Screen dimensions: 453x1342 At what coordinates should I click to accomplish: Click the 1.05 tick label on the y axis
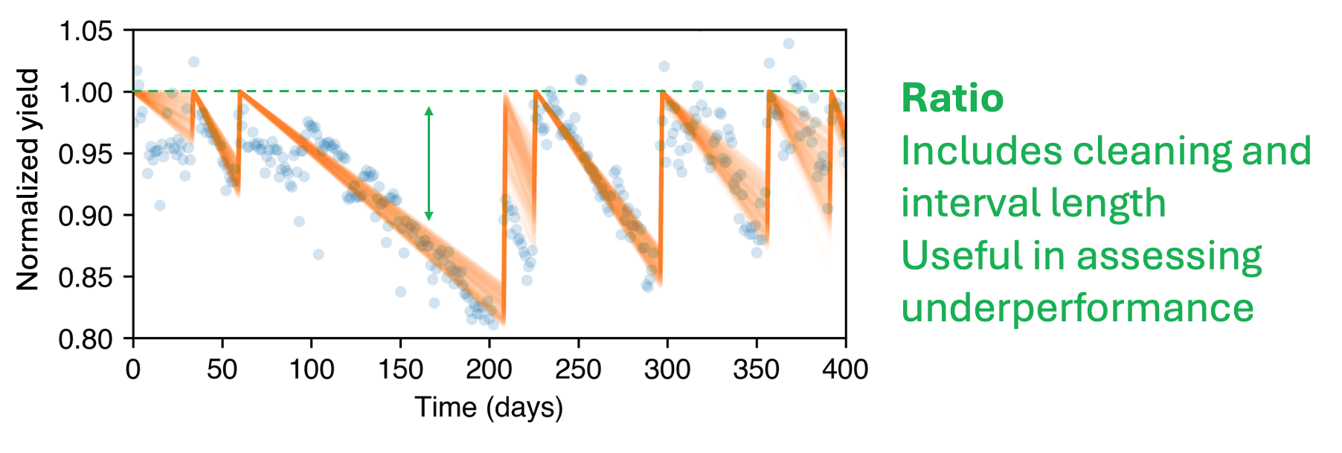[x=86, y=32]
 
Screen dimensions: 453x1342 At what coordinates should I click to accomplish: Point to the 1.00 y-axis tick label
[x=86, y=93]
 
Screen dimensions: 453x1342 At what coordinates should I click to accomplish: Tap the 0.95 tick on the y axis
[x=86, y=155]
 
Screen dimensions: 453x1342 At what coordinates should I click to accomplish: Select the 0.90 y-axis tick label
[x=86, y=216]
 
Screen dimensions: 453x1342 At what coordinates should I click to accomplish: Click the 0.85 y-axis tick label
[x=86, y=278]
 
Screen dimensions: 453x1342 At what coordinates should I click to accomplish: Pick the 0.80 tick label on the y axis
[x=86, y=339]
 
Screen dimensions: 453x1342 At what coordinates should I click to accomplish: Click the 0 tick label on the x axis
[x=133, y=369]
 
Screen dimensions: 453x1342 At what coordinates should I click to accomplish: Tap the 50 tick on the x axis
[x=222, y=369]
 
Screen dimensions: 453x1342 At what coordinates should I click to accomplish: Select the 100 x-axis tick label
[x=311, y=369]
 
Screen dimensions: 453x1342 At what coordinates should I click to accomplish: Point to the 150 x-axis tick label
[x=400, y=369]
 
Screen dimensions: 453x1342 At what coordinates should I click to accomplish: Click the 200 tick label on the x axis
[x=489, y=369]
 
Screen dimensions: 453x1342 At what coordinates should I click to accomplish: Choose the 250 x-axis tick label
[x=578, y=369]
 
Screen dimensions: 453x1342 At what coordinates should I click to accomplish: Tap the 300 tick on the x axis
[x=667, y=369]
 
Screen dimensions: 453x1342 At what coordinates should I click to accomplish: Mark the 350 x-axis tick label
[x=756, y=369]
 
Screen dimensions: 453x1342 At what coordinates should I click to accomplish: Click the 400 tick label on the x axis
[x=845, y=369]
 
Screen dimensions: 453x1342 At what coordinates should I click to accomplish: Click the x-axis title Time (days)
[x=489, y=408]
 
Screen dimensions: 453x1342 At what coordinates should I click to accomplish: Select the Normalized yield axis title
[x=28, y=179]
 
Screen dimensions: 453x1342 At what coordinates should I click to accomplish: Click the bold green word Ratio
[x=952, y=98]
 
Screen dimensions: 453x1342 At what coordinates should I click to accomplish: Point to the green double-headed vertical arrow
[x=428, y=164]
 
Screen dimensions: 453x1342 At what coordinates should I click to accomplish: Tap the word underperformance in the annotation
[x=1077, y=308]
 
